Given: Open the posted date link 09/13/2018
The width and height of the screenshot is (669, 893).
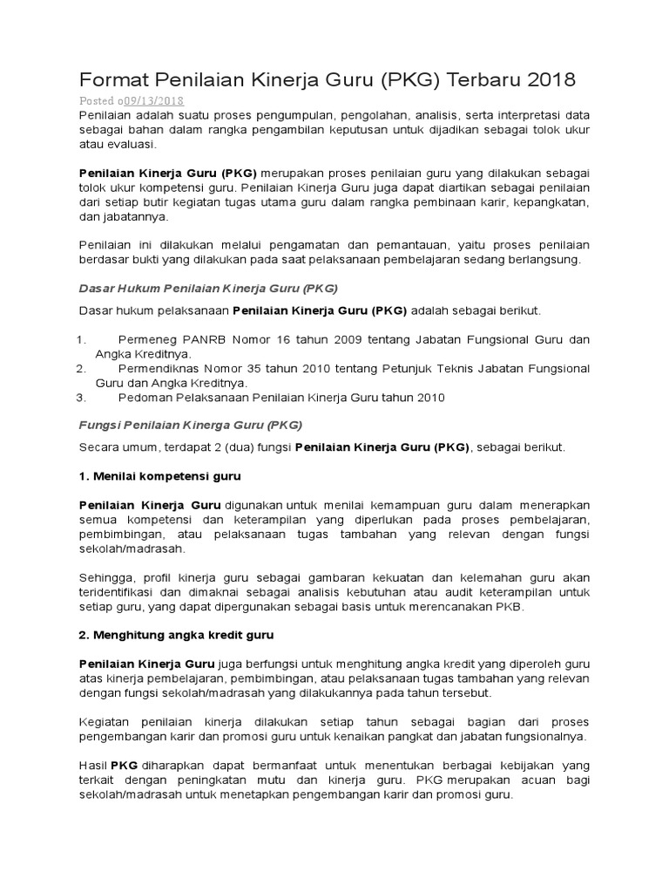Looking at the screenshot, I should click(x=154, y=101).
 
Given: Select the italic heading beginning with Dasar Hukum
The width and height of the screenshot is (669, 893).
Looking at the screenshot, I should click(x=208, y=287).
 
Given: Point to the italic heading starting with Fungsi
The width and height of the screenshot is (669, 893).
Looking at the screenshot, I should click(x=191, y=425).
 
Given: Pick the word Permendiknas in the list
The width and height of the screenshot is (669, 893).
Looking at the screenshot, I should click(x=159, y=368).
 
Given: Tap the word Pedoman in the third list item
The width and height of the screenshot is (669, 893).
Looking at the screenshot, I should click(x=143, y=398).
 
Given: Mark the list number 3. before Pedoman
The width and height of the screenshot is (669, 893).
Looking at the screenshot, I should click(x=81, y=398).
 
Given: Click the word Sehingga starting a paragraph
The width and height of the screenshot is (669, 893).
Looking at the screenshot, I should click(x=105, y=577).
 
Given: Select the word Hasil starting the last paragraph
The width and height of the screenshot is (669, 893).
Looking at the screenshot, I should click(x=92, y=766).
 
